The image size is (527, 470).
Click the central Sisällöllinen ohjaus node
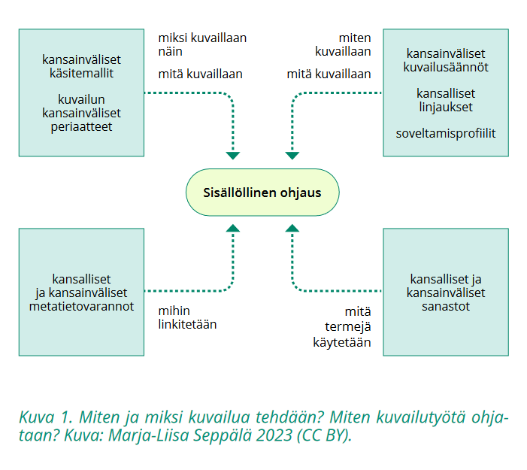point(262,193)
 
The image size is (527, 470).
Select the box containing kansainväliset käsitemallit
point(81,92)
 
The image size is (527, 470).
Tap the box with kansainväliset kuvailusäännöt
point(446,92)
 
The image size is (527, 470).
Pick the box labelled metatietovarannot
point(81,292)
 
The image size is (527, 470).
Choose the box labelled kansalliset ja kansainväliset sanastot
point(446,292)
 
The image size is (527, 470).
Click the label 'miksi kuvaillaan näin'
point(202,44)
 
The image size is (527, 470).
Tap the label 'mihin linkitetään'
point(187,317)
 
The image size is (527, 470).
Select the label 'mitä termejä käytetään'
point(347,327)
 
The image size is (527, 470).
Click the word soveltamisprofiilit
point(446,133)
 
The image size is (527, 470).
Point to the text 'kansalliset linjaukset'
point(446,100)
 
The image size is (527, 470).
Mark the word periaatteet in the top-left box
point(81,126)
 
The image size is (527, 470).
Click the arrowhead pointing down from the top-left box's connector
point(233,155)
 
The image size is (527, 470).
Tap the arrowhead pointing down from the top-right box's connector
point(292,155)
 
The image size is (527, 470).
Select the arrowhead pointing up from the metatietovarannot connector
point(233,228)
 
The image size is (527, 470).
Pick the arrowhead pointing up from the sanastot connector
point(292,228)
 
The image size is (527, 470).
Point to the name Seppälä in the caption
point(227,436)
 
